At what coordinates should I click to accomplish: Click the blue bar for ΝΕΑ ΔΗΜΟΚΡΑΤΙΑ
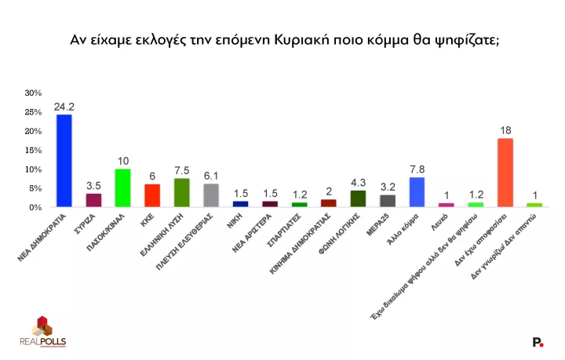64,161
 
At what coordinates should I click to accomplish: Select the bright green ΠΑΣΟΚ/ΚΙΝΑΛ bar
122,188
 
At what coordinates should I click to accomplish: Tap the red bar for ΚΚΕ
152,195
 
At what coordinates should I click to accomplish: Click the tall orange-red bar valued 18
505,173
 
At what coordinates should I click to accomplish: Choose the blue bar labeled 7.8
417,192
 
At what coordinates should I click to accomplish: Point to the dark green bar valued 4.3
358,199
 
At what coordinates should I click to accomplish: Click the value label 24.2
64,106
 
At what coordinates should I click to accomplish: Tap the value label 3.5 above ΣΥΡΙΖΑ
93,185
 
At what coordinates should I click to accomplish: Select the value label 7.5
181,170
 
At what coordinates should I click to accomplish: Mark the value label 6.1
211,176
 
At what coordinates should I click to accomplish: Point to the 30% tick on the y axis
33,93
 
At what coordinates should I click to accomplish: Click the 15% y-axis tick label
33,151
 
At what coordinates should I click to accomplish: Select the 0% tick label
35,208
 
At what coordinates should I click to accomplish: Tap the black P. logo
538,342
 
